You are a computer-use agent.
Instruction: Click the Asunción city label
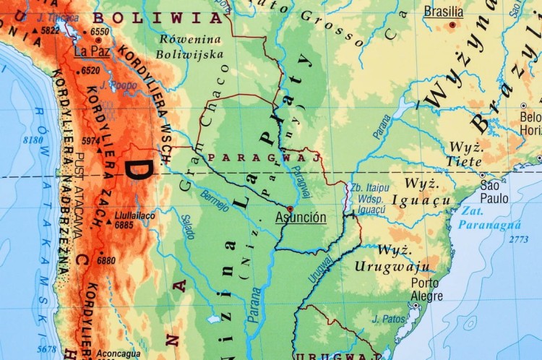pos(301,218)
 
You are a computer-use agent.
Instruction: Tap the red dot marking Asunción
pos(290,208)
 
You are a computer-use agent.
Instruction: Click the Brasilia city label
pos(443,12)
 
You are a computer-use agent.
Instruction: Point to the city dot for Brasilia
pos(453,25)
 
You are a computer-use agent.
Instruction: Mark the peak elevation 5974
pos(91,141)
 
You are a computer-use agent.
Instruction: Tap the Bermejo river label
pos(215,196)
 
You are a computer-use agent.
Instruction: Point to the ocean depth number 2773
pos(518,239)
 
